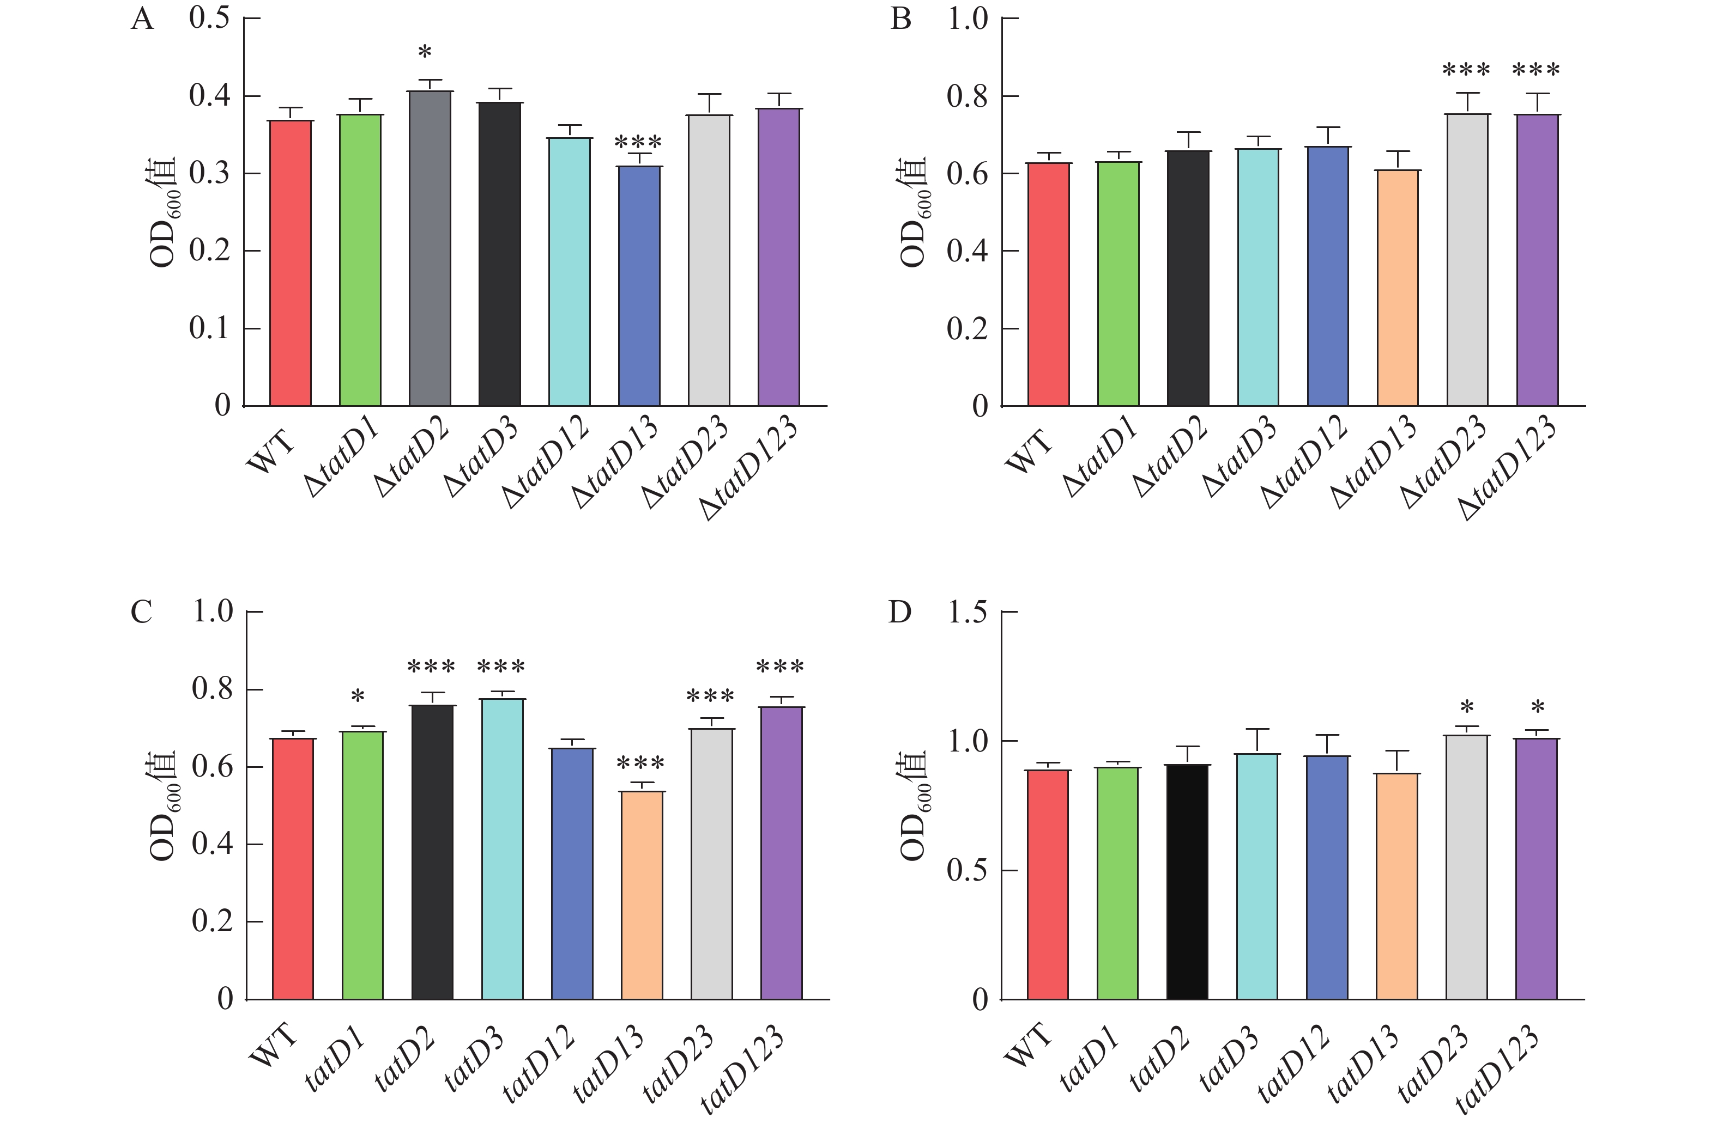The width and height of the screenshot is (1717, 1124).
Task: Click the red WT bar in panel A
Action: [x=291, y=263]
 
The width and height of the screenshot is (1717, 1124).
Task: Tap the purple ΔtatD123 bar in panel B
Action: [x=1537, y=260]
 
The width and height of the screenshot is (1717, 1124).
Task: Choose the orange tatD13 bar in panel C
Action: [x=642, y=895]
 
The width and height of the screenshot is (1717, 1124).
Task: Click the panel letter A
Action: [x=142, y=19]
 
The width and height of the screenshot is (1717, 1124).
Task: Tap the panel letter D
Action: [x=899, y=612]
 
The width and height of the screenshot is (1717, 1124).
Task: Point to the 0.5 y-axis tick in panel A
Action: [x=209, y=18]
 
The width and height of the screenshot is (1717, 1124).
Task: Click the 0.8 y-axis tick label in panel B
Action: [x=967, y=96]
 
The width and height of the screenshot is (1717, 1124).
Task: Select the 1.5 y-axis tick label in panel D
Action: [x=967, y=612]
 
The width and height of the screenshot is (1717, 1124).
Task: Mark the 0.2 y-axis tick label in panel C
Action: [x=212, y=921]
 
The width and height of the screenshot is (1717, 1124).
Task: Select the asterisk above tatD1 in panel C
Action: [x=358, y=697]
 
